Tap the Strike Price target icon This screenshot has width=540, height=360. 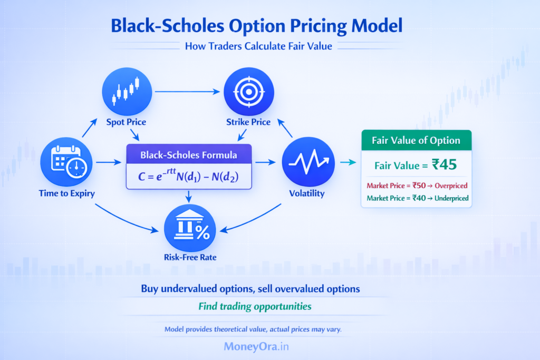tap(248, 92)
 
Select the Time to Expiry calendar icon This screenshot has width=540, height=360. tap(67, 160)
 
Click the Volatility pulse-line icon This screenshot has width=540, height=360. tap(306, 160)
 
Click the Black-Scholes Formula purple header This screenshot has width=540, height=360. tap(189, 155)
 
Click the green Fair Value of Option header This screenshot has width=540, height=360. tap(416, 141)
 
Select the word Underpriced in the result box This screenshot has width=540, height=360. tap(449, 198)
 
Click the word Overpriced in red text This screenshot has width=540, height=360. tap(450, 186)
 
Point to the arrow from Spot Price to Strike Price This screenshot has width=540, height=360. tap(187, 92)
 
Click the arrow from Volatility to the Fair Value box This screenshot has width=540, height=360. tap(348, 162)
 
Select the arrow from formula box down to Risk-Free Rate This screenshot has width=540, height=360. tap(189, 196)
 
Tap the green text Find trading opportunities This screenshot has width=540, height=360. tap(255, 306)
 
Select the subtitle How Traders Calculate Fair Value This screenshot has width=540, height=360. tap(258, 46)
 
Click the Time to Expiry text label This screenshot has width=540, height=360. tap(67, 193)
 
